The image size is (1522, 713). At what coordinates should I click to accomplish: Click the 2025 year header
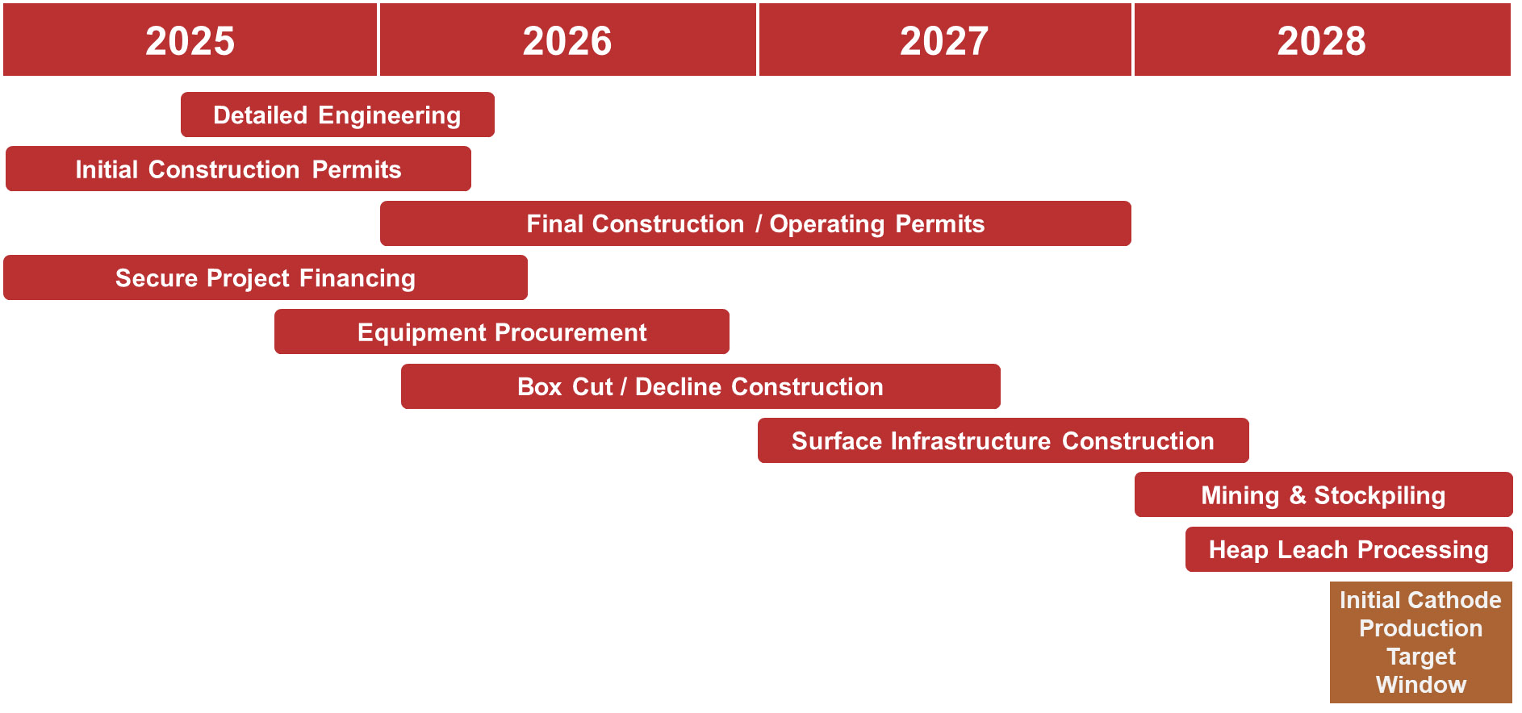[190, 40]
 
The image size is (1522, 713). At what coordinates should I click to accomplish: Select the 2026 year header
[568, 40]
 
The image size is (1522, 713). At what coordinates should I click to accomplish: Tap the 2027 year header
[945, 40]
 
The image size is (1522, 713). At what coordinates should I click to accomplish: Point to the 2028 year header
[1323, 40]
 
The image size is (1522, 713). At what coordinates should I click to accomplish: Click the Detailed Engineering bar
[337, 115]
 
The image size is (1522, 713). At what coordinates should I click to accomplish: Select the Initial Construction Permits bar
[238, 169]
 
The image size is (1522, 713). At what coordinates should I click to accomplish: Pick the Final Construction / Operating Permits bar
[755, 223]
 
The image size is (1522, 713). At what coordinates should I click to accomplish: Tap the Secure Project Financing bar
[266, 277]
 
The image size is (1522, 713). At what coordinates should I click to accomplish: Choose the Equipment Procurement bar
[502, 331]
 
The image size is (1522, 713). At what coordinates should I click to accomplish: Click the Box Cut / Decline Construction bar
[700, 386]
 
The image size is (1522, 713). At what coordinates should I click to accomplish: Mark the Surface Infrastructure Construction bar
[1003, 440]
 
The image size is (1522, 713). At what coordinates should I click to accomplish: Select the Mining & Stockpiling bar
[1323, 494]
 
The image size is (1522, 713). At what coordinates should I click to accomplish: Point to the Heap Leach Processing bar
[1349, 549]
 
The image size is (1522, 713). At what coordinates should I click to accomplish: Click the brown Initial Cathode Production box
[1421, 642]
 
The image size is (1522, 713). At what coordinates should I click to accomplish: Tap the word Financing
[358, 278]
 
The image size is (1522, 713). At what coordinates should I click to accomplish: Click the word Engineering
[390, 115]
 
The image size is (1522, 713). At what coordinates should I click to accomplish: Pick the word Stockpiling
[1380, 495]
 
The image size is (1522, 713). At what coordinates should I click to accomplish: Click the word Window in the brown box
[1421, 685]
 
